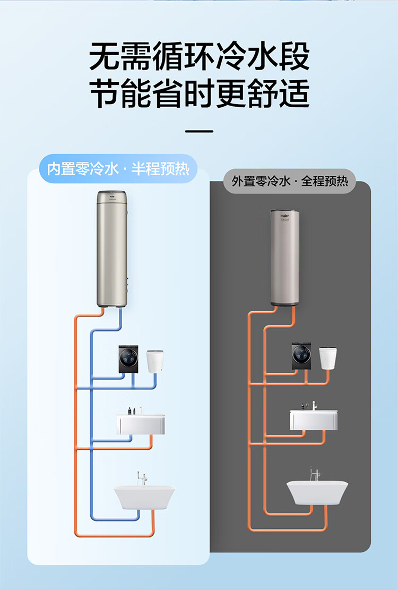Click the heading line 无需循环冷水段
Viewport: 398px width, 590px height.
[199, 57]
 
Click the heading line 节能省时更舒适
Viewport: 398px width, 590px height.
[199, 95]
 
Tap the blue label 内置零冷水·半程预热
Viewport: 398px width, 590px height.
[118, 169]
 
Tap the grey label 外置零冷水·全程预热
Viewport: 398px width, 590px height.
[290, 181]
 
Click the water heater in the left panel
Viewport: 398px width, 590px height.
[113, 249]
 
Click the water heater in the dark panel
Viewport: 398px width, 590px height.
[285, 257]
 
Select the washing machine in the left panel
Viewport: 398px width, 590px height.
[128, 359]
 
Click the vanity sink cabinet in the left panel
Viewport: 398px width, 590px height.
[142, 424]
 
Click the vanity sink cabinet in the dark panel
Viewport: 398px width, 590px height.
[314, 420]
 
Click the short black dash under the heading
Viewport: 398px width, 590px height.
[199, 131]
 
